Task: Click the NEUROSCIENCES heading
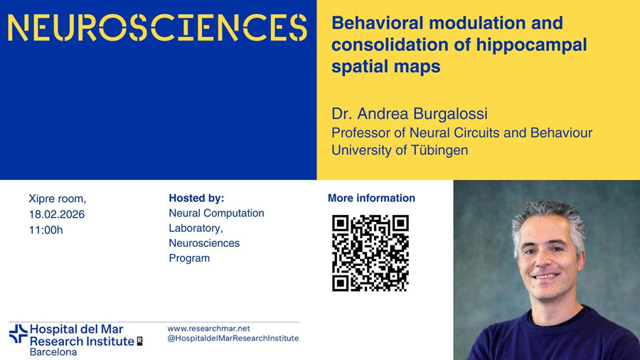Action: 158,28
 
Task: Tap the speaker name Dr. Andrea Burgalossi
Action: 410,114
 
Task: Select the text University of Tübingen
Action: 400,150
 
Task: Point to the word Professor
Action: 361,132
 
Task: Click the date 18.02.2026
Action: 57,214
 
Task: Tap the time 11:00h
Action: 46,231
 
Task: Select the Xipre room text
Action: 57,198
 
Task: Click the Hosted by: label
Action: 196,198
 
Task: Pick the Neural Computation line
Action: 216,213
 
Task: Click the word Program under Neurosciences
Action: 189,258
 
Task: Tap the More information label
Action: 371,198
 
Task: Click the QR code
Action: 370,253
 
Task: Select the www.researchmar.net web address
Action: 208,329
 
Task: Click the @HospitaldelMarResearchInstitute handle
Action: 233,339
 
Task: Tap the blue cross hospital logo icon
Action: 18,334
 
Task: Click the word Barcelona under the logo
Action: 53,352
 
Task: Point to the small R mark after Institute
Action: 139,342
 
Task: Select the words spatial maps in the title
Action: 385,67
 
